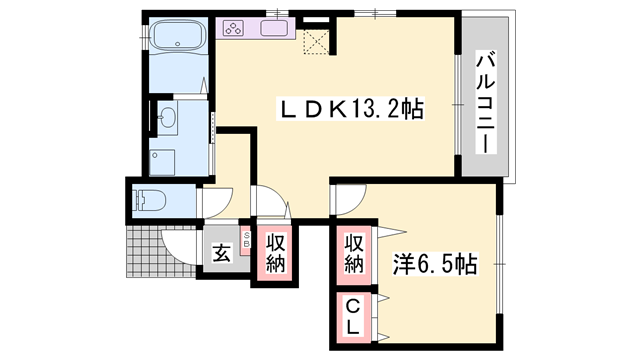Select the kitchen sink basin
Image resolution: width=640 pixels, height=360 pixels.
[275, 29]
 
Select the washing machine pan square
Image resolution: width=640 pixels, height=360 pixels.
[163, 160]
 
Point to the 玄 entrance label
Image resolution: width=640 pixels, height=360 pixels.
[221, 253]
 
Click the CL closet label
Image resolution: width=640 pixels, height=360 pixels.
[353, 317]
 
